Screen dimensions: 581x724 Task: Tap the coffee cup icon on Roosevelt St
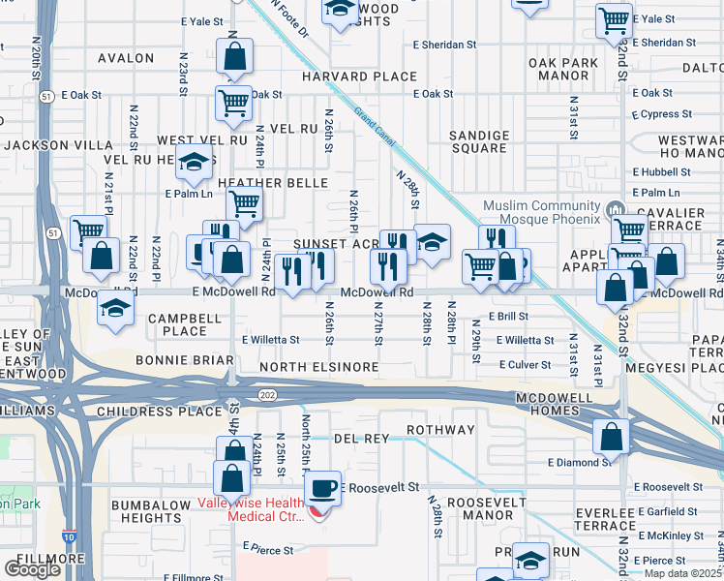tap(322, 487)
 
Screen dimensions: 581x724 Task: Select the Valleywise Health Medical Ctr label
tap(251, 509)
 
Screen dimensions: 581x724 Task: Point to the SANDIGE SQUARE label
tap(480, 141)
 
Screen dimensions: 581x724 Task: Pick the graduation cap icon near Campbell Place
tap(116, 309)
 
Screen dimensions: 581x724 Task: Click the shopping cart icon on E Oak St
tap(233, 102)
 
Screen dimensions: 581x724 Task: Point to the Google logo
tap(32, 569)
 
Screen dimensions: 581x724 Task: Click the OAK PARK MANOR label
tap(564, 69)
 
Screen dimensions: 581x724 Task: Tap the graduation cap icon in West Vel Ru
tap(194, 162)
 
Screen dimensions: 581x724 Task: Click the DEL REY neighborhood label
tap(361, 439)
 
